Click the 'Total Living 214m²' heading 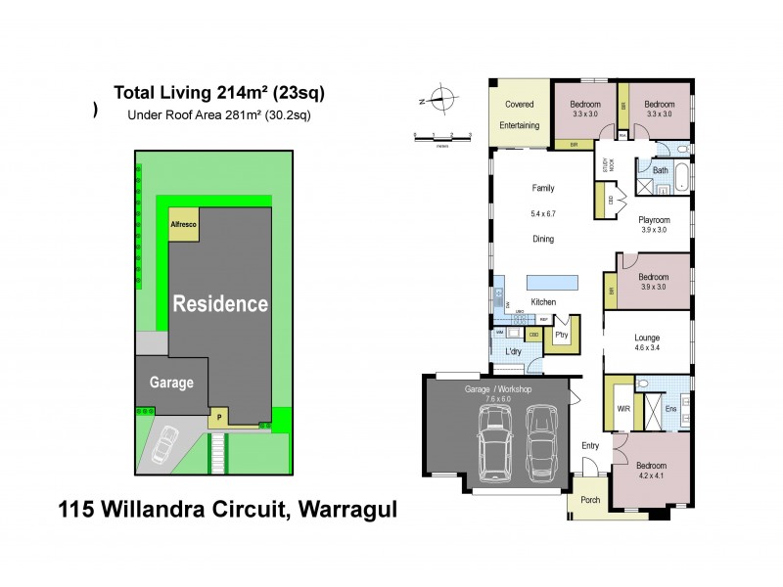pyautogui.click(x=219, y=93)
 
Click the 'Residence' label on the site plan pyautogui.click(x=220, y=303)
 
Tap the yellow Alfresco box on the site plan pyautogui.click(x=184, y=224)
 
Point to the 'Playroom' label pyautogui.click(x=654, y=220)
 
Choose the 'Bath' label pyautogui.click(x=660, y=170)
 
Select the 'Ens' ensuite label pyautogui.click(x=671, y=410)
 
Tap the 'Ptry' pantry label pyautogui.click(x=561, y=335)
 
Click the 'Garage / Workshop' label pyautogui.click(x=497, y=389)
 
